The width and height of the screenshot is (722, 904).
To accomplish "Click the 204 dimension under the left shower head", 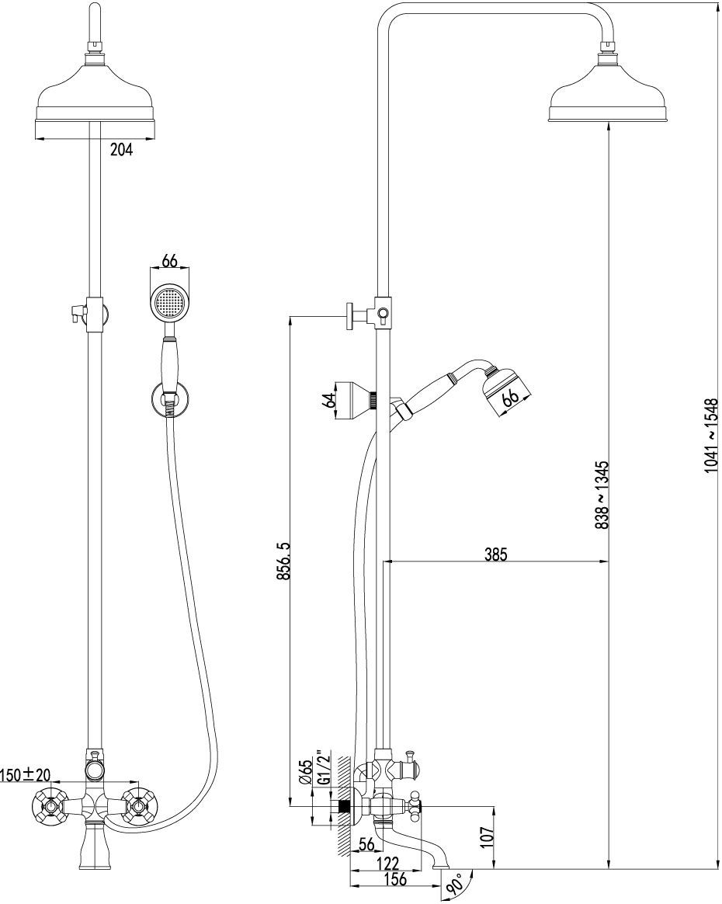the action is (x=122, y=150).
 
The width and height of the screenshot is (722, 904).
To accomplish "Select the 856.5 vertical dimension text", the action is (x=283, y=561).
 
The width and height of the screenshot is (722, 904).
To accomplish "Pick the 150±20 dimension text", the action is (x=25, y=774).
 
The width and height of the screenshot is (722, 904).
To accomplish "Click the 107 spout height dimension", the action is (x=488, y=836).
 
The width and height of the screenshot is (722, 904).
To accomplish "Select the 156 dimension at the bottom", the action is (x=395, y=879).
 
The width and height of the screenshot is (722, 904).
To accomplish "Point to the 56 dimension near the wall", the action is (x=367, y=844).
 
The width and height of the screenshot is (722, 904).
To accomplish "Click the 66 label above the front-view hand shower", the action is (x=168, y=261).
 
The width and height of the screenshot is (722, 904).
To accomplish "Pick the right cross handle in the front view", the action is (x=141, y=805).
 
